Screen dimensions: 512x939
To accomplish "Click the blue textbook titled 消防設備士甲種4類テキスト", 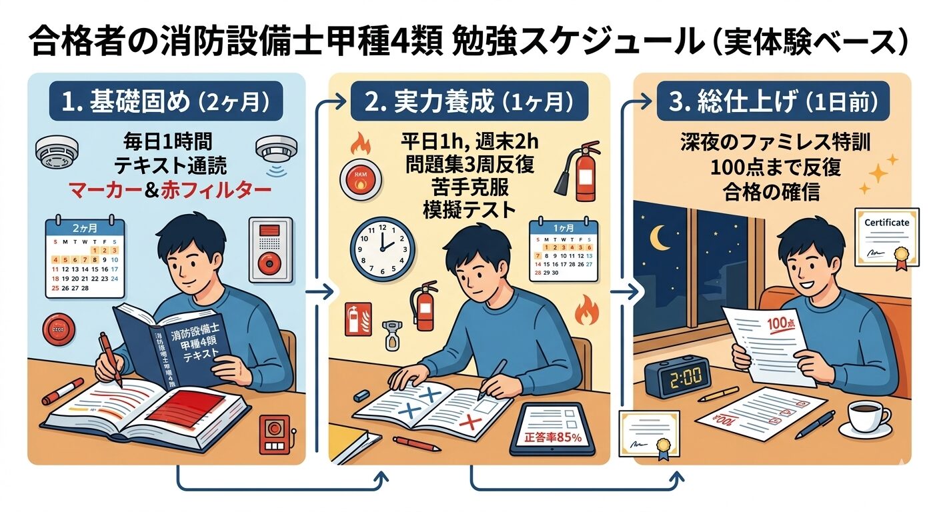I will coord(180,347).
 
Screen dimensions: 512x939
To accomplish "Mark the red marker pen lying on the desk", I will coord(62,391).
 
